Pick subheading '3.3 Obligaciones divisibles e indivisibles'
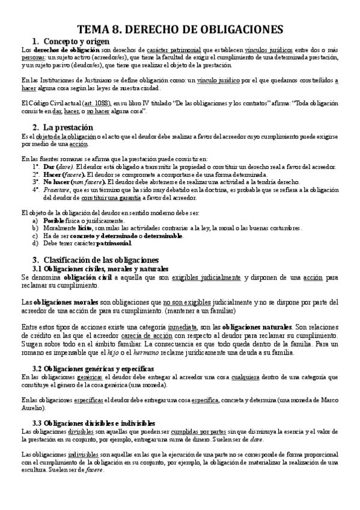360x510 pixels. tap(94, 407)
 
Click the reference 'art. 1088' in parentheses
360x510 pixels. tap(94, 103)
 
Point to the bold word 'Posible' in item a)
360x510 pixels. tap(55, 221)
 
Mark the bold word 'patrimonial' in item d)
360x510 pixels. tap(111, 244)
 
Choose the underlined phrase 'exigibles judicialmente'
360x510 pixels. tap(207, 278)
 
